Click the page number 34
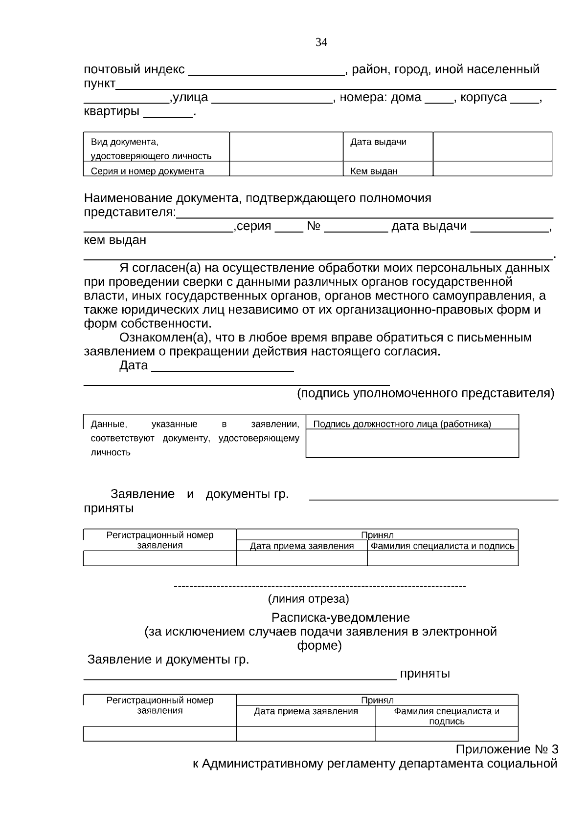coord(321,43)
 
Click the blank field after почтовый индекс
coord(267,71)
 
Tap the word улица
coord(190,97)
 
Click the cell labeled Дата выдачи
coord(378,142)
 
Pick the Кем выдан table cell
coord(374,171)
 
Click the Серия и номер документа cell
coord(147,171)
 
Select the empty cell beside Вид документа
coord(286,146)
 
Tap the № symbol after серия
coord(314,226)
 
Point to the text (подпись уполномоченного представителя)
coord(426,393)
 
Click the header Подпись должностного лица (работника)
coord(402,424)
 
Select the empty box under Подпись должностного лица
coord(412,443)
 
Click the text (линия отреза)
coord(308,598)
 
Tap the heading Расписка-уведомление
coord(340,617)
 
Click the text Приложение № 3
coord(507,749)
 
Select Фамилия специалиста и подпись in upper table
coord(442,546)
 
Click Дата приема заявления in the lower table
coord(306,711)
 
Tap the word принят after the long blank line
coord(425,674)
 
